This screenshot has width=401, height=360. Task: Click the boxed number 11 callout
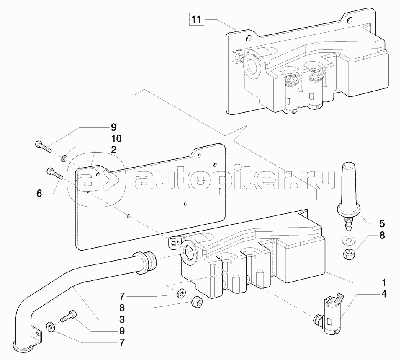click(x=196, y=19)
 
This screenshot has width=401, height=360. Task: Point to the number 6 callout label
click(x=39, y=193)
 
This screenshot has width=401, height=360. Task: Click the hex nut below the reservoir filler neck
click(x=196, y=302)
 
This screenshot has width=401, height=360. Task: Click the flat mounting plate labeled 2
click(x=151, y=197)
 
